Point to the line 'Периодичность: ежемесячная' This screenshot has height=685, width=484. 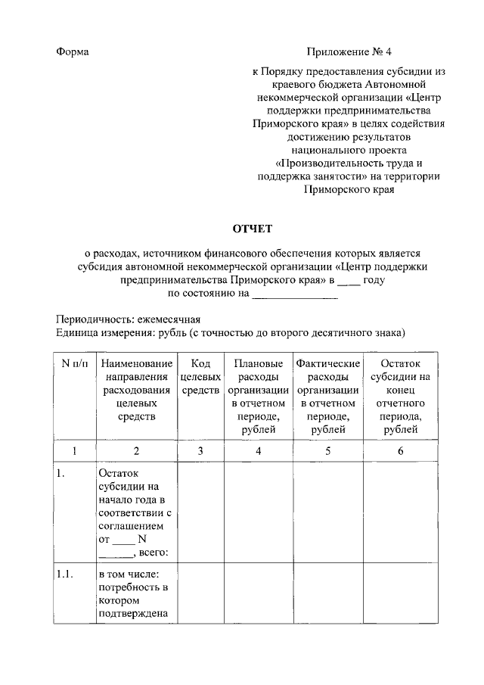128,319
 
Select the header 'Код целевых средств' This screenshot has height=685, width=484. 200,376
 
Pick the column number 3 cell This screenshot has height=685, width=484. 200,452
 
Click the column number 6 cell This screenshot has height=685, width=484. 400,452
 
